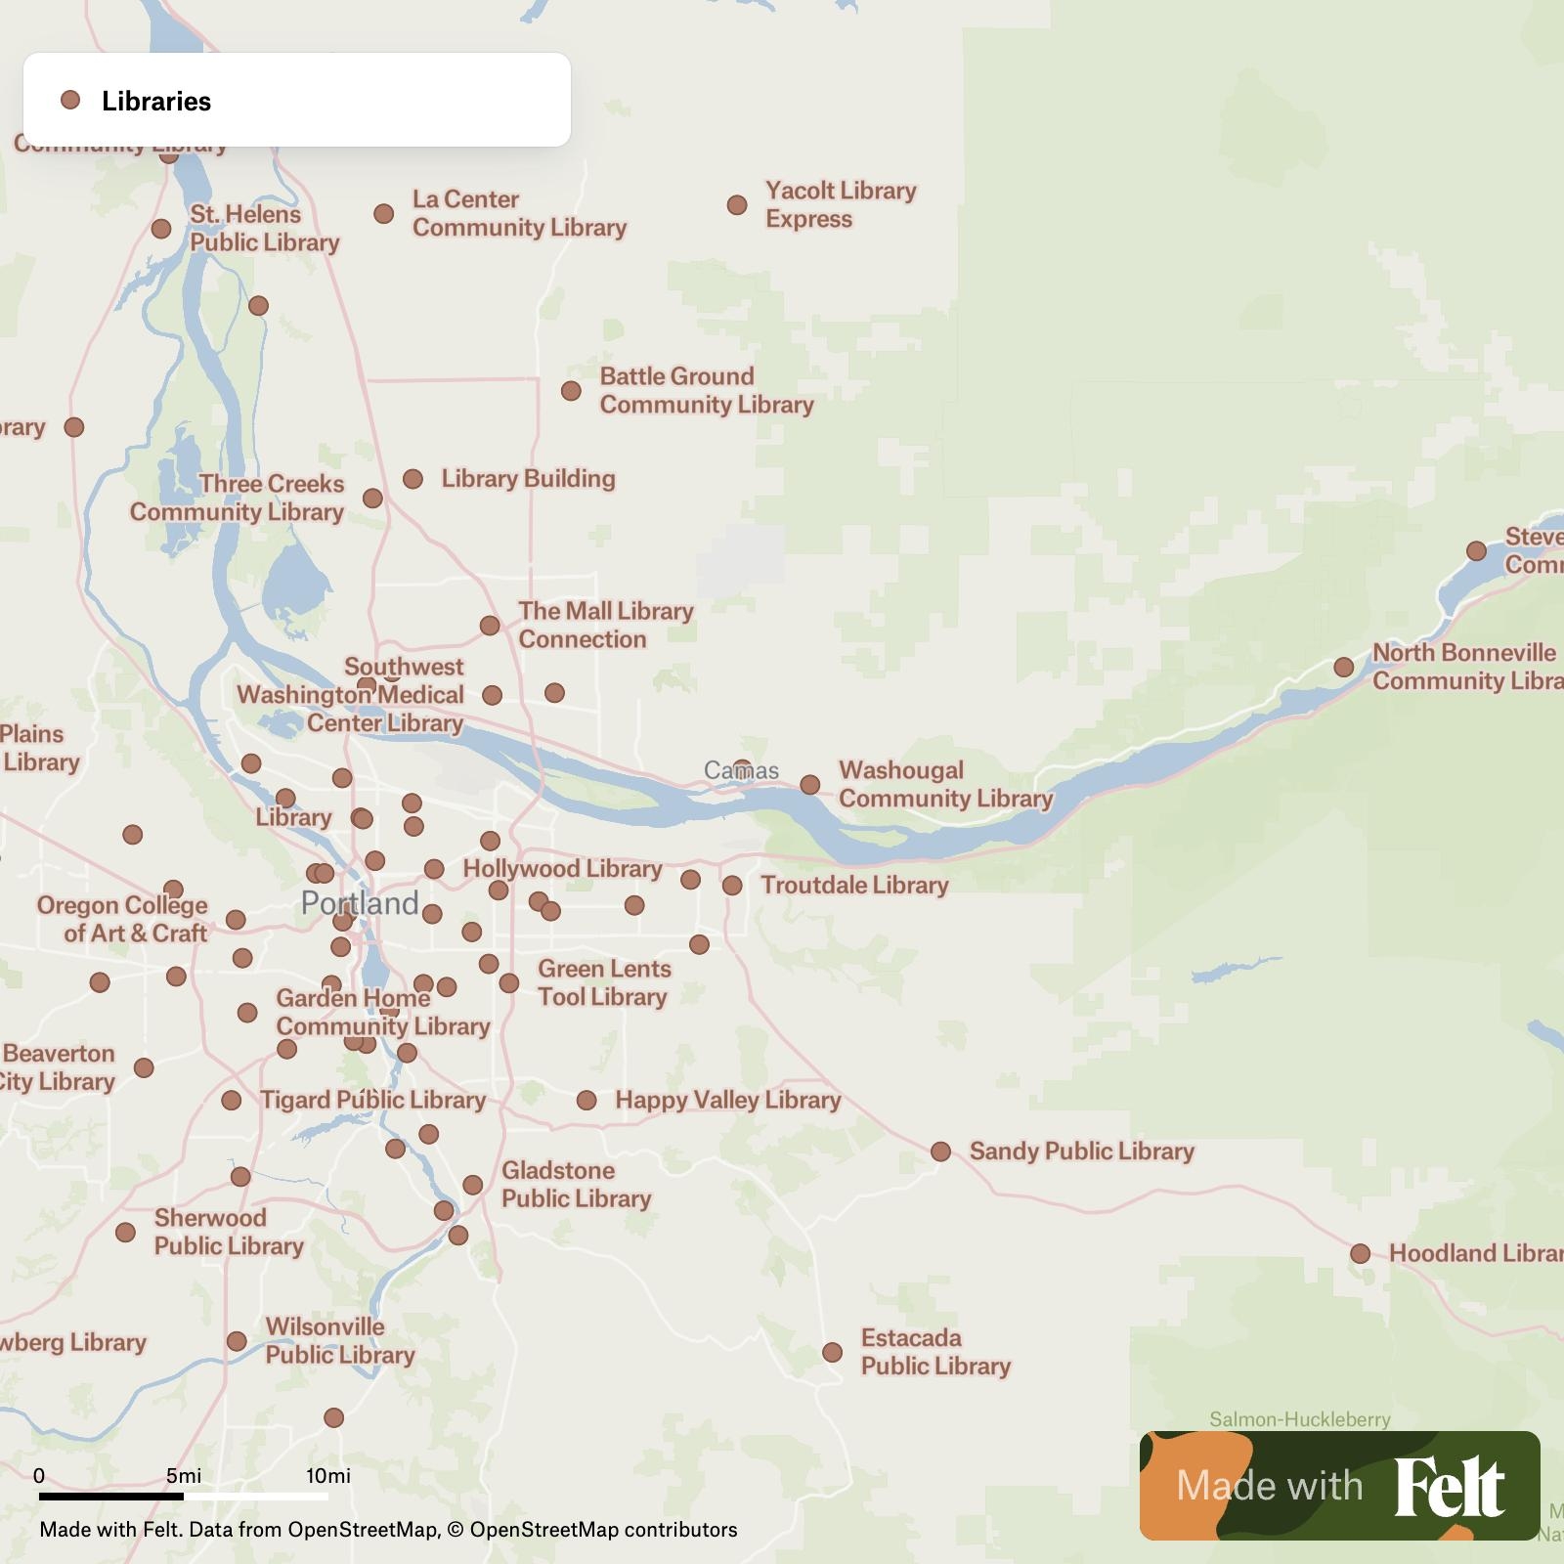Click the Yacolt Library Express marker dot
point(737,205)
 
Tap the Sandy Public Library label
point(1081,1151)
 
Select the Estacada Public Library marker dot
point(832,1352)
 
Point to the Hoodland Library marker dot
point(1360,1253)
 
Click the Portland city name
point(360,902)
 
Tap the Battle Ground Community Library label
point(706,390)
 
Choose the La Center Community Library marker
point(384,213)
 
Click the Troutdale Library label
point(854,886)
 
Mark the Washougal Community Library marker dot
point(809,785)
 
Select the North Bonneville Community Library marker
point(1343,667)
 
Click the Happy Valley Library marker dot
point(586,1101)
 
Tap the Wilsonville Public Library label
point(340,1340)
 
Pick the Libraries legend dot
point(70,100)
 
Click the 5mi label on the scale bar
point(184,1476)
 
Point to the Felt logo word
point(1449,1486)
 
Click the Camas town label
point(741,771)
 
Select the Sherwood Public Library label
point(229,1232)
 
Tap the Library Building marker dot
point(413,479)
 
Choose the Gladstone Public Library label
point(576,1184)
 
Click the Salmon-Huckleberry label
point(1299,1419)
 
